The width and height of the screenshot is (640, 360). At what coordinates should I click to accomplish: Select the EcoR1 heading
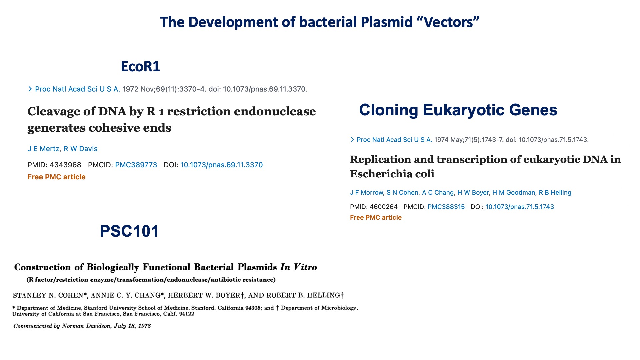coord(140,67)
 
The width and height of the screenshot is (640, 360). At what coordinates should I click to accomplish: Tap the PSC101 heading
coord(129,231)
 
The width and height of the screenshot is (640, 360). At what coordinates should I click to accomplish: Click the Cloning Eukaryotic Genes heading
coord(458,110)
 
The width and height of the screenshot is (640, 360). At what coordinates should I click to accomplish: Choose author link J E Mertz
coord(43,149)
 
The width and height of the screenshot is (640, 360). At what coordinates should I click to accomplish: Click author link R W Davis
coord(80,149)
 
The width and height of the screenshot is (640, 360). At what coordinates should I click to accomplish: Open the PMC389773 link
coord(136,165)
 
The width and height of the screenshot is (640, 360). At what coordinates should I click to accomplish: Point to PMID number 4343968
coord(65,165)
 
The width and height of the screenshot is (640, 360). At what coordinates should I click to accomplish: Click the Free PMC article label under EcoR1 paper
coord(57,177)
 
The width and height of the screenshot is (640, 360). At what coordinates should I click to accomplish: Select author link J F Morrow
coord(367,193)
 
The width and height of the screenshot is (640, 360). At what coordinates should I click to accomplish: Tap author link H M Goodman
coord(514,193)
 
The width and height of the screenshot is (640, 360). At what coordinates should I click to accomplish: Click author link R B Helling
coord(555,193)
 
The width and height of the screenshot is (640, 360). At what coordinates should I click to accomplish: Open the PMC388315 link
coord(446,207)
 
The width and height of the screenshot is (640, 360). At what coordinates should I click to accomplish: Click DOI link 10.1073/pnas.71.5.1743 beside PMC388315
coord(520,207)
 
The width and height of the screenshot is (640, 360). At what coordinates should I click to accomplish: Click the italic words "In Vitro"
coord(299,267)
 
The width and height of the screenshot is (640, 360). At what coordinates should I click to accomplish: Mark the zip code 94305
coord(254,308)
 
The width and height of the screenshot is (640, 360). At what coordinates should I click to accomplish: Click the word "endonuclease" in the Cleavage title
coord(275,112)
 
